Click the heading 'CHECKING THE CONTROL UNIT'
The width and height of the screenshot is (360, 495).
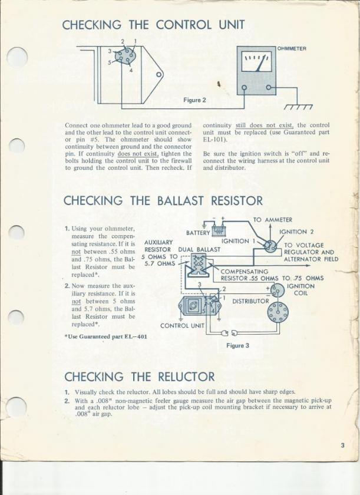[x=153, y=25]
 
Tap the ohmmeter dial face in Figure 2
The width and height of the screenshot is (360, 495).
[x=257, y=61]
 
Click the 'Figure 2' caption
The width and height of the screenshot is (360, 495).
[x=194, y=100]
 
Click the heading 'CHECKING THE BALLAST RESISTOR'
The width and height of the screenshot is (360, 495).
[x=163, y=200]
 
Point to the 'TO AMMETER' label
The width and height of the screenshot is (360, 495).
[x=273, y=220]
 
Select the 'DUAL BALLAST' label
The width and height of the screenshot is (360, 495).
[x=199, y=249]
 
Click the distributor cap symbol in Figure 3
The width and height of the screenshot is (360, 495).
[x=278, y=312]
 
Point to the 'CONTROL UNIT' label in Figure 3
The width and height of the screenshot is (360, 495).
[x=182, y=325]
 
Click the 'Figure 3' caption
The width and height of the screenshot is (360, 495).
[x=237, y=345]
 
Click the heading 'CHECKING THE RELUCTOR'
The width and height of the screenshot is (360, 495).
[x=139, y=377]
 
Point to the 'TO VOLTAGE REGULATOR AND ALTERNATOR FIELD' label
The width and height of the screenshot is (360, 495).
[x=311, y=252]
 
